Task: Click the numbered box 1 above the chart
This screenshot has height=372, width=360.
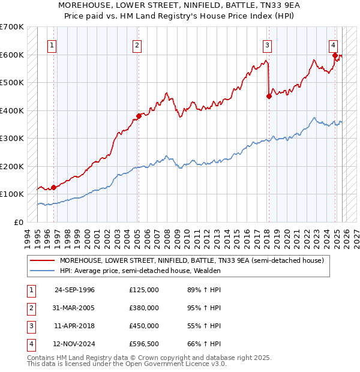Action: click(x=53, y=45)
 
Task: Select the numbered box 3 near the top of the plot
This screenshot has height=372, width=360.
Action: click(x=267, y=45)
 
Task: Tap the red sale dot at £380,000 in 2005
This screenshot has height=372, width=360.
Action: click(x=139, y=116)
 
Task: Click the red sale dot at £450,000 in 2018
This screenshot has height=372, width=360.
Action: click(x=269, y=96)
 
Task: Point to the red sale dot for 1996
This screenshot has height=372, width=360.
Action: click(x=54, y=187)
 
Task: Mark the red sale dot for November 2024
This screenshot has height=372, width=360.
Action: click(x=335, y=55)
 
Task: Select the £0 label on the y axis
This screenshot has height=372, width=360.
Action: click(x=20, y=222)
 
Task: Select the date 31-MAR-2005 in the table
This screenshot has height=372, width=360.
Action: click(x=74, y=308)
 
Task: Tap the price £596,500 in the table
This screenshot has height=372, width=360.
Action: click(x=144, y=344)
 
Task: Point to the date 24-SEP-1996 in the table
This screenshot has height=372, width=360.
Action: click(x=74, y=290)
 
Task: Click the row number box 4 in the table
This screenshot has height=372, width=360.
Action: click(x=30, y=344)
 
